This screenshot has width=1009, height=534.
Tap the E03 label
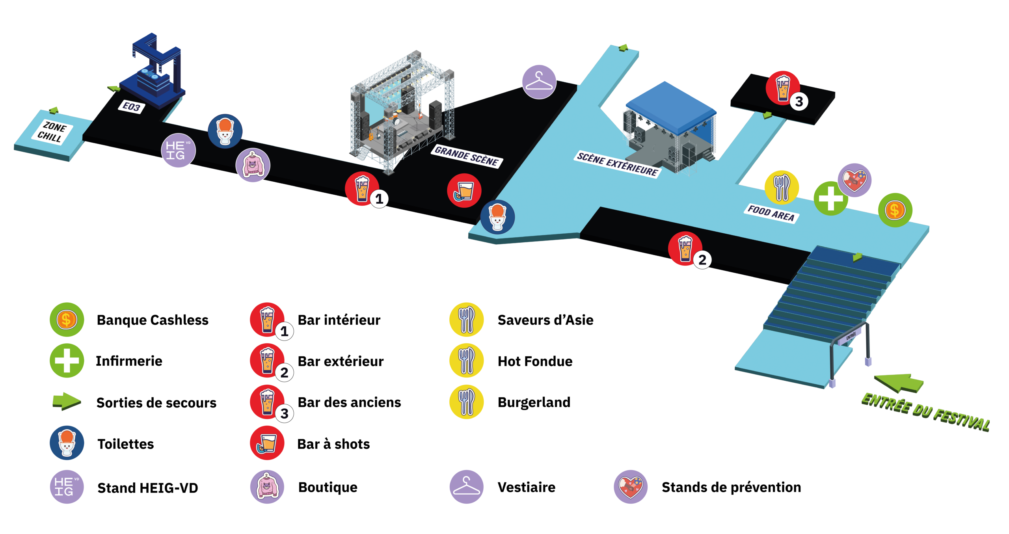(132, 107)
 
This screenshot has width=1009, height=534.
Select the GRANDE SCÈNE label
(466, 156)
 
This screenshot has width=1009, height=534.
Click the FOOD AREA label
(771, 213)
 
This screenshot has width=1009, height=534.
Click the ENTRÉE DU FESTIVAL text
(925, 412)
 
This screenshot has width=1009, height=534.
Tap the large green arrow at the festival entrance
(899, 383)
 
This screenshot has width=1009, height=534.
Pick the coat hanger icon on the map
(539, 82)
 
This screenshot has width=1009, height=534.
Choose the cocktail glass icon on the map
(464, 190)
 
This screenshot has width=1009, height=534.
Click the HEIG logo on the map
(178, 151)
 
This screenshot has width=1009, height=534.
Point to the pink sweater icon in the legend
(267, 487)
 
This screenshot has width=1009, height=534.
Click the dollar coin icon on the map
(895, 210)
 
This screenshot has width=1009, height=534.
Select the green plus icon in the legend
(67, 361)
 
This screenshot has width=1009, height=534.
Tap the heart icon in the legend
(630, 487)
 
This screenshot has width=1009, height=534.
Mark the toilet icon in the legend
(67, 443)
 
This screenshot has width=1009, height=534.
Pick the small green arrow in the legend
(67, 401)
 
